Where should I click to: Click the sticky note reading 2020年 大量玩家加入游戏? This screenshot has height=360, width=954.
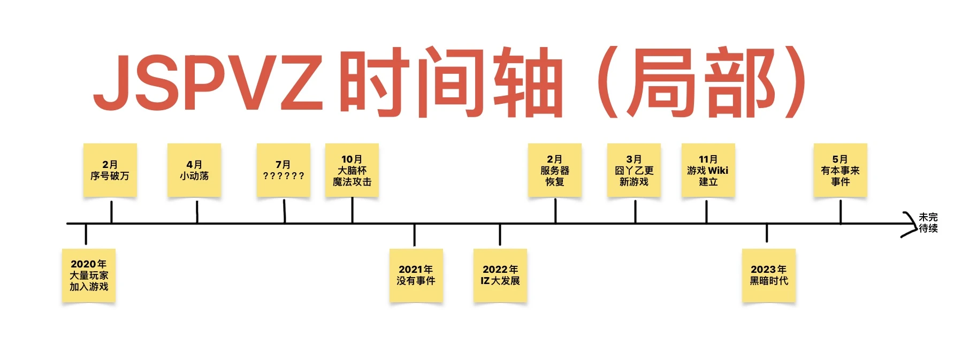tap(89, 275)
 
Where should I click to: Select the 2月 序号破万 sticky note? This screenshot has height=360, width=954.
tap(110, 170)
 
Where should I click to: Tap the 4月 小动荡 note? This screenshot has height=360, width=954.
tap(194, 170)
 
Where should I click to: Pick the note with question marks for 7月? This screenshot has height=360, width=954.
tap(283, 170)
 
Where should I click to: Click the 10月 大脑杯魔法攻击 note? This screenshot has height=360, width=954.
tap(352, 171)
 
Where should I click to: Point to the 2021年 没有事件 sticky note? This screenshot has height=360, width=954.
tap(416, 275)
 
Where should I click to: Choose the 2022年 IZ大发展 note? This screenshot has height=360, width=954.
tap(500, 275)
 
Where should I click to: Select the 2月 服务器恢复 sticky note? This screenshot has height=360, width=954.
tap(555, 171)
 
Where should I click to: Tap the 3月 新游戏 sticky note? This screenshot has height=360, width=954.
tap(634, 171)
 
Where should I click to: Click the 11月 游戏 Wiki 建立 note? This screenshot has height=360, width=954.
tap(708, 171)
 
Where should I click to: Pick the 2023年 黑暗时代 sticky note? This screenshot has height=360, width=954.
tap(769, 275)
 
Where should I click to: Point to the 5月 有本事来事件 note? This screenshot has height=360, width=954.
tap(840, 171)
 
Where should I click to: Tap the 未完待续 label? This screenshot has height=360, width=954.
tap(928, 223)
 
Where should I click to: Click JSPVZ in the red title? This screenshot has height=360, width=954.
tap(209, 83)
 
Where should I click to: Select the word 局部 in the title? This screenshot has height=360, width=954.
tap(701, 83)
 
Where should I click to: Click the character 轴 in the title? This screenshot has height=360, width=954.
tap(527, 83)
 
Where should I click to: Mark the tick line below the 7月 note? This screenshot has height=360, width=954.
tap(284, 211)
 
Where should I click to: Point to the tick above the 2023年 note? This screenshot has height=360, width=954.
tap(767, 233)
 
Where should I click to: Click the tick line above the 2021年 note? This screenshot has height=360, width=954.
tap(415, 235)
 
